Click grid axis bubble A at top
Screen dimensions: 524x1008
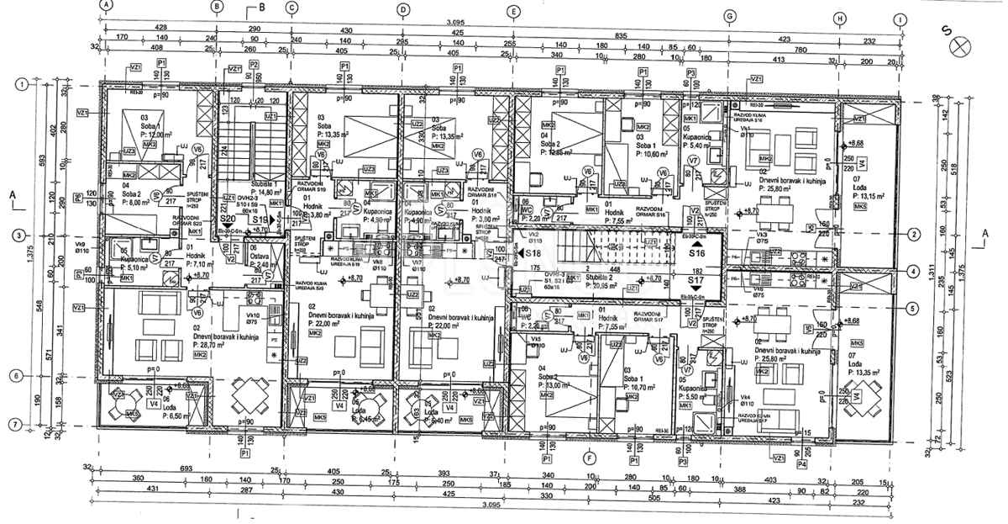(105, 4)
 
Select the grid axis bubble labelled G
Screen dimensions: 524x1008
(729, 16)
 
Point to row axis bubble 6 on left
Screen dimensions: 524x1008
(16, 375)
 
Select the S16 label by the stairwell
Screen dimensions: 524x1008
(696, 252)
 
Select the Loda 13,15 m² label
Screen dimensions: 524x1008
(867, 192)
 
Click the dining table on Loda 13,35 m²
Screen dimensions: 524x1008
(862, 392)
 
